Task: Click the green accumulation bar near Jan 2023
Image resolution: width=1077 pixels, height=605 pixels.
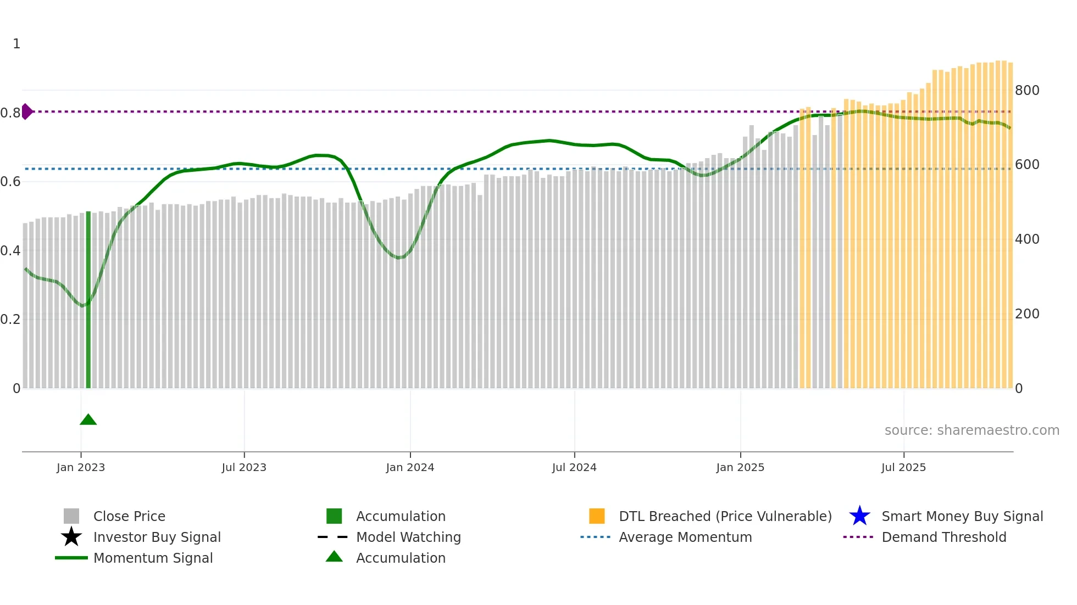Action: tap(88, 299)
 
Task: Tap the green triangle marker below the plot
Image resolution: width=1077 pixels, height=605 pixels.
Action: tap(88, 420)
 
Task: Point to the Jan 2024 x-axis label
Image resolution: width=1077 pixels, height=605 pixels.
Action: tap(410, 467)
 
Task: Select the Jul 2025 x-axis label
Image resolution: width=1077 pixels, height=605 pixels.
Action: tap(903, 467)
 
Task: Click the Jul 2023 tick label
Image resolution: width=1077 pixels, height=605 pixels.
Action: tap(244, 467)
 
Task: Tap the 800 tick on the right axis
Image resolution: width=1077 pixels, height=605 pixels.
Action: tap(1027, 90)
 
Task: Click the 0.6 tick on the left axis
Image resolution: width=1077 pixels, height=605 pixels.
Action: tap(10, 181)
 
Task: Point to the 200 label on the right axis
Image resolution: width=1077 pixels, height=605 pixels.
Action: tap(1027, 314)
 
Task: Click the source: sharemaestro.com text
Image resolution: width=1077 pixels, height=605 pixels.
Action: tap(971, 430)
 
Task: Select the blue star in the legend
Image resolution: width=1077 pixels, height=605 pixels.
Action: tap(859, 516)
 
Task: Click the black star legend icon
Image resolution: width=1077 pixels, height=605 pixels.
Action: tap(71, 537)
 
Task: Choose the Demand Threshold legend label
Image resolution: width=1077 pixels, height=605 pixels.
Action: tap(943, 537)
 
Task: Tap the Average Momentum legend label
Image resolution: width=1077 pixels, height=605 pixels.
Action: tap(685, 537)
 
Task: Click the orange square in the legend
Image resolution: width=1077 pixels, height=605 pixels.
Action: tap(597, 516)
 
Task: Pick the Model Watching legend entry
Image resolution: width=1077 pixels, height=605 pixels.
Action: tap(408, 537)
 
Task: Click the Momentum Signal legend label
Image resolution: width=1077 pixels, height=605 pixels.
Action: tap(153, 558)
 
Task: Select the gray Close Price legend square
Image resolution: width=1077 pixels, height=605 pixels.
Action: tap(71, 516)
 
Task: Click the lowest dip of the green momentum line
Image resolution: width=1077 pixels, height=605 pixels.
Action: tap(82, 306)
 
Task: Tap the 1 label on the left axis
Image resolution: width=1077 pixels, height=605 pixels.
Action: tap(16, 43)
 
